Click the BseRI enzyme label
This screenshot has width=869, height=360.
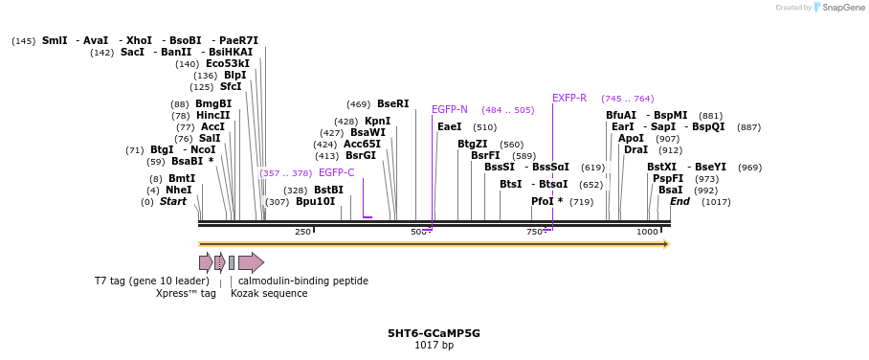point(392,103)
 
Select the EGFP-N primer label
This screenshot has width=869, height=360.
point(449,110)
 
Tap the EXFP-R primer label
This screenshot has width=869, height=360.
point(569,98)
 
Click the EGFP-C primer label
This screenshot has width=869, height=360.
point(337,173)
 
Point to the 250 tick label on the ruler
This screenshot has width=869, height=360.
point(302,233)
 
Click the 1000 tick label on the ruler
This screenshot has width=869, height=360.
point(647,233)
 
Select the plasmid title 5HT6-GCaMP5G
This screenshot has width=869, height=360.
point(434,333)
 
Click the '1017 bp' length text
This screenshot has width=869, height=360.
point(434,345)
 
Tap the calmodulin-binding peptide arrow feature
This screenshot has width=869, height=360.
point(251,262)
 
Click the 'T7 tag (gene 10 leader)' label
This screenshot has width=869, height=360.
point(151,281)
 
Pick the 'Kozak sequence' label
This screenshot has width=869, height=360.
point(269,294)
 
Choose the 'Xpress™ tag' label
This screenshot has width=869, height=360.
point(186,294)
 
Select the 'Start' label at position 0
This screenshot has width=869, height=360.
point(173,202)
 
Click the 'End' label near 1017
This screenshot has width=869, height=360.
point(680,202)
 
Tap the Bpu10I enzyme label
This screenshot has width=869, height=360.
point(316,202)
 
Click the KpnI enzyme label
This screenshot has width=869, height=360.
point(377,122)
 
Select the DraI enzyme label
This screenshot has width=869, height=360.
point(635,150)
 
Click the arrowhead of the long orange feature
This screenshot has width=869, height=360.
point(665,244)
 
